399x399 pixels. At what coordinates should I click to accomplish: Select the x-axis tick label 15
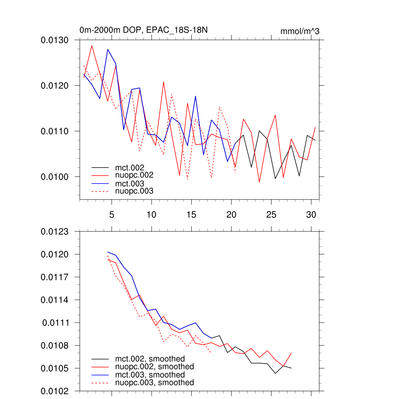[191, 215]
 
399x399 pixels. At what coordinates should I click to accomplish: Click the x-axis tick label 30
[311, 215]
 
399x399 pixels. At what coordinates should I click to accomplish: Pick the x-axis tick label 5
[111, 215]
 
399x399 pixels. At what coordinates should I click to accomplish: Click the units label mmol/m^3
[300, 32]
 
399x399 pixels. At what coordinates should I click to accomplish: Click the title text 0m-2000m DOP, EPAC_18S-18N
[146, 30]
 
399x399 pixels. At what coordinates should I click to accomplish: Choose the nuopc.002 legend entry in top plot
[134, 175]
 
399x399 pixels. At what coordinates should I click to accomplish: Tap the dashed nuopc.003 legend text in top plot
[134, 191]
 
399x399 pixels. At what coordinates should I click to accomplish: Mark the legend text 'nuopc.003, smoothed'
[154, 383]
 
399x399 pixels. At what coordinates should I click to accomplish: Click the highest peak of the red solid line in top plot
[92, 46]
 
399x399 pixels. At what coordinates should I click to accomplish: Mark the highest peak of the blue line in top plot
[108, 49]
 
